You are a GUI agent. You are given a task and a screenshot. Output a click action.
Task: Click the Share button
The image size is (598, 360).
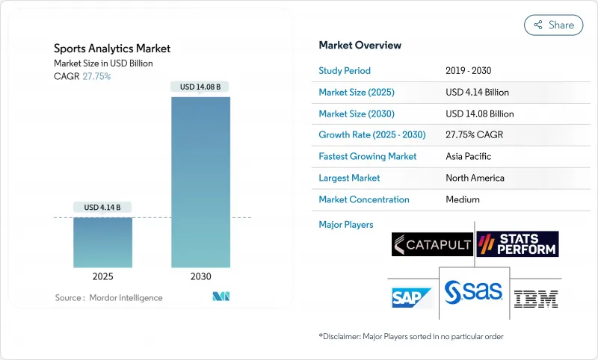tap(554, 25)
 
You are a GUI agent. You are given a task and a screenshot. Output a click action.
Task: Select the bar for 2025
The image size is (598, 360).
tap(102, 242)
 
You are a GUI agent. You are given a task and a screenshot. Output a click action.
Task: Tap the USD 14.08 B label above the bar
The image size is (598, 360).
tap(200, 87)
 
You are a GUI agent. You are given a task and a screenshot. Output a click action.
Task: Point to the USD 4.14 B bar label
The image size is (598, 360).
tap(102, 207)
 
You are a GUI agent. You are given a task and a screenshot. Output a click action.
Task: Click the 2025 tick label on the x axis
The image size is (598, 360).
tap(102, 276)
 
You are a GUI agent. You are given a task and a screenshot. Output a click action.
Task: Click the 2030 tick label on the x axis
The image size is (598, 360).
tap(200, 276)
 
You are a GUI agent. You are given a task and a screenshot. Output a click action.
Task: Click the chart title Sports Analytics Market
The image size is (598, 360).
tap(112, 49)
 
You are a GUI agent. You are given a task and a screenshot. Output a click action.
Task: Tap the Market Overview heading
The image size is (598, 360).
tap(360, 45)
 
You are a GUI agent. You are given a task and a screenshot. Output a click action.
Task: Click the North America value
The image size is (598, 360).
tap(475, 178)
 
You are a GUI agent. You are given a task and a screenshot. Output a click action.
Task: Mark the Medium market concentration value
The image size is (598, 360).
tap(463, 199)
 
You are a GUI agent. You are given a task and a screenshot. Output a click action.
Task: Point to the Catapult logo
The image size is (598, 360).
tap(432, 244)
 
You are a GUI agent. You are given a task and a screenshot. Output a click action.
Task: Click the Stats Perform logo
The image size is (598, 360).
tap(517, 244)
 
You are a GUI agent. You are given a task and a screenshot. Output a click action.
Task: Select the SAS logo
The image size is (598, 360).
tap(474, 292)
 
